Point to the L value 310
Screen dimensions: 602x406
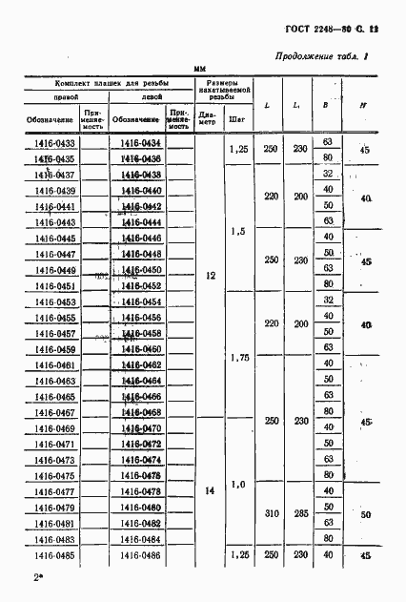pos(271,513)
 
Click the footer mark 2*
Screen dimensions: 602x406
pos(39,578)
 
